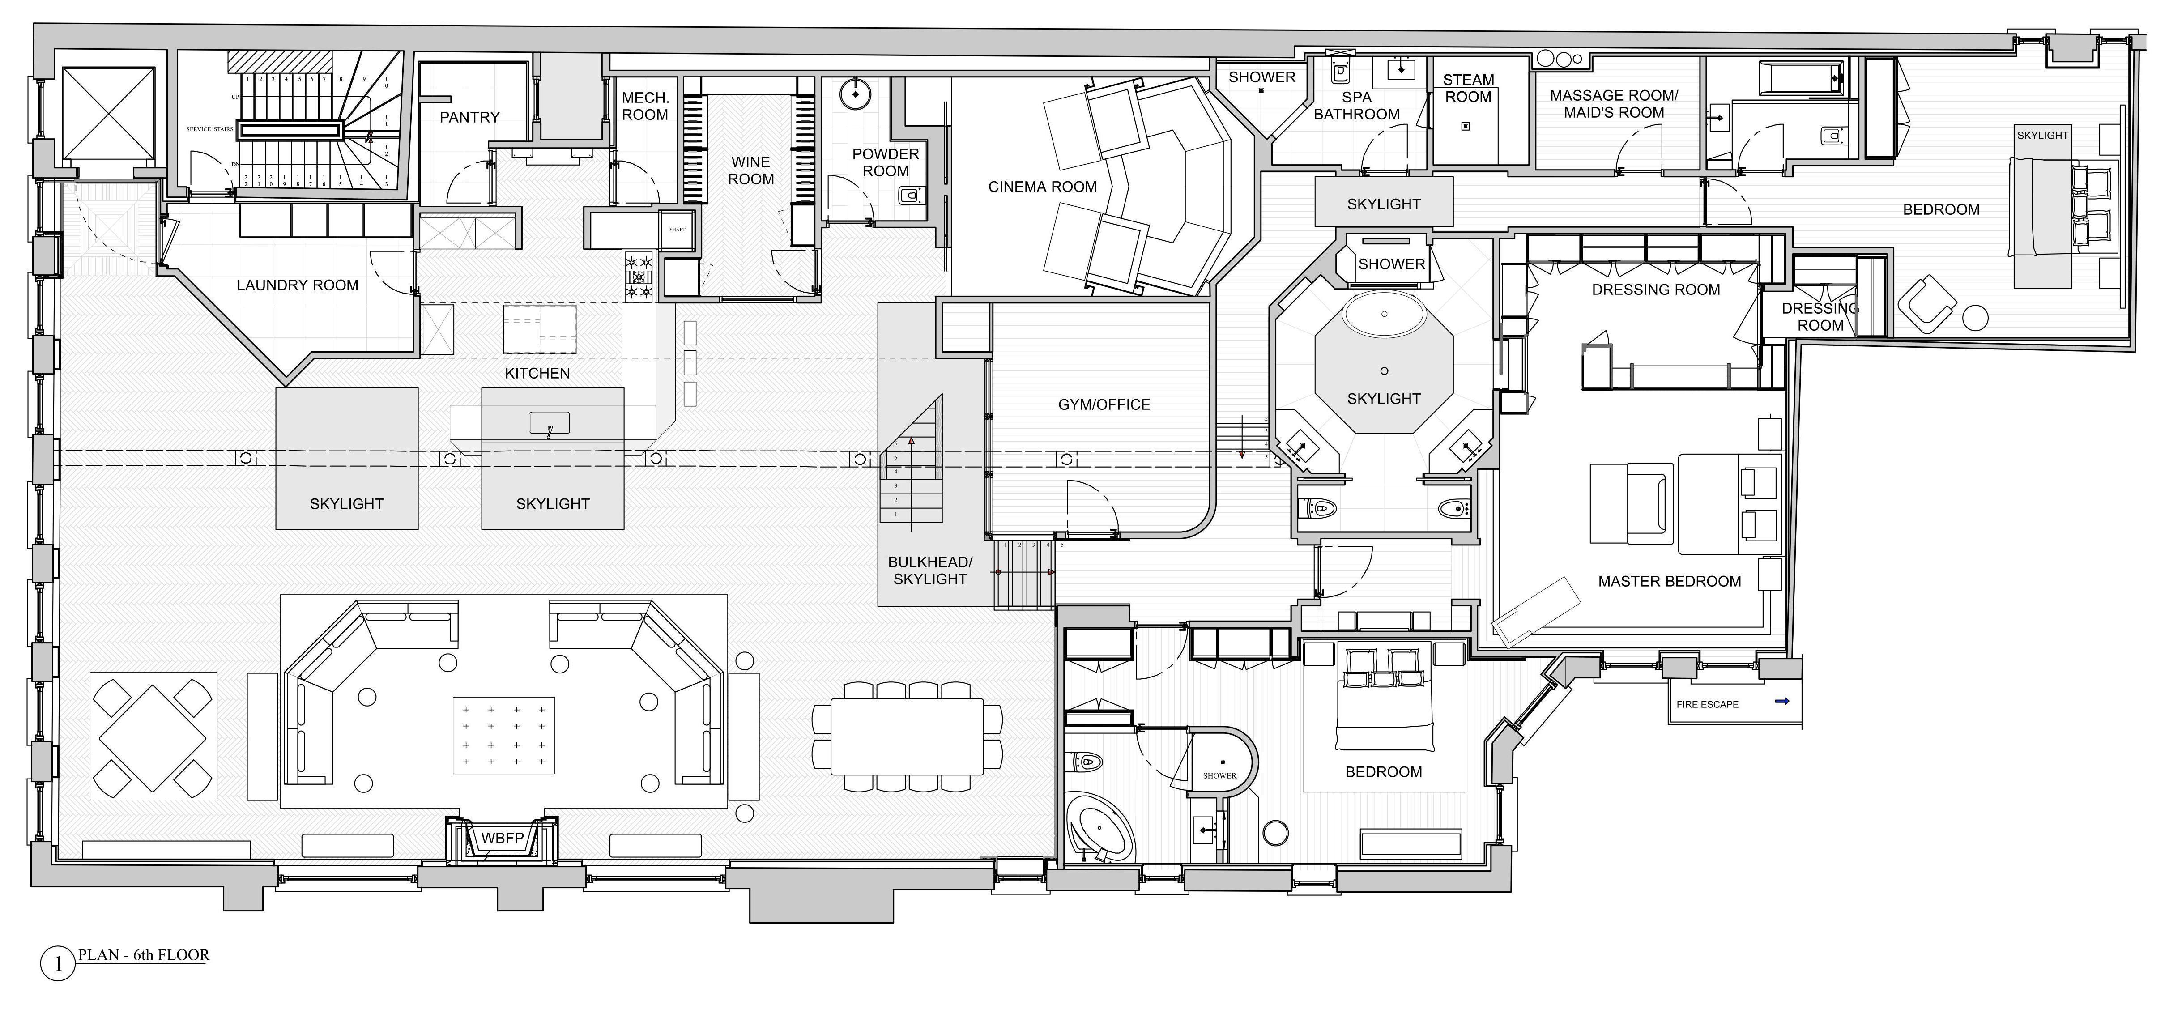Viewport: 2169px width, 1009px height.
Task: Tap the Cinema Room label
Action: point(1042,187)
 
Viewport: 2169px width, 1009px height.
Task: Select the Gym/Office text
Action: point(1104,404)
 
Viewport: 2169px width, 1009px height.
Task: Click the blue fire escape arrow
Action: point(1781,701)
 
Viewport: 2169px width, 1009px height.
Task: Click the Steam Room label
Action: point(1469,89)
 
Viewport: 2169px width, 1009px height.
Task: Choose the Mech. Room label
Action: point(645,106)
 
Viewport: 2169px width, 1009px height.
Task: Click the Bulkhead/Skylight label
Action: point(929,570)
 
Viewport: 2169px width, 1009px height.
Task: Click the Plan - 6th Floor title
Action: point(143,955)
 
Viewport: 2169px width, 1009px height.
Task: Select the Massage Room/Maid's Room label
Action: point(1613,104)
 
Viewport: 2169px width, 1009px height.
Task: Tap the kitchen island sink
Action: point(549,423)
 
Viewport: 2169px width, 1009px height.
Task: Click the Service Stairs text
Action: point(210,129)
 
